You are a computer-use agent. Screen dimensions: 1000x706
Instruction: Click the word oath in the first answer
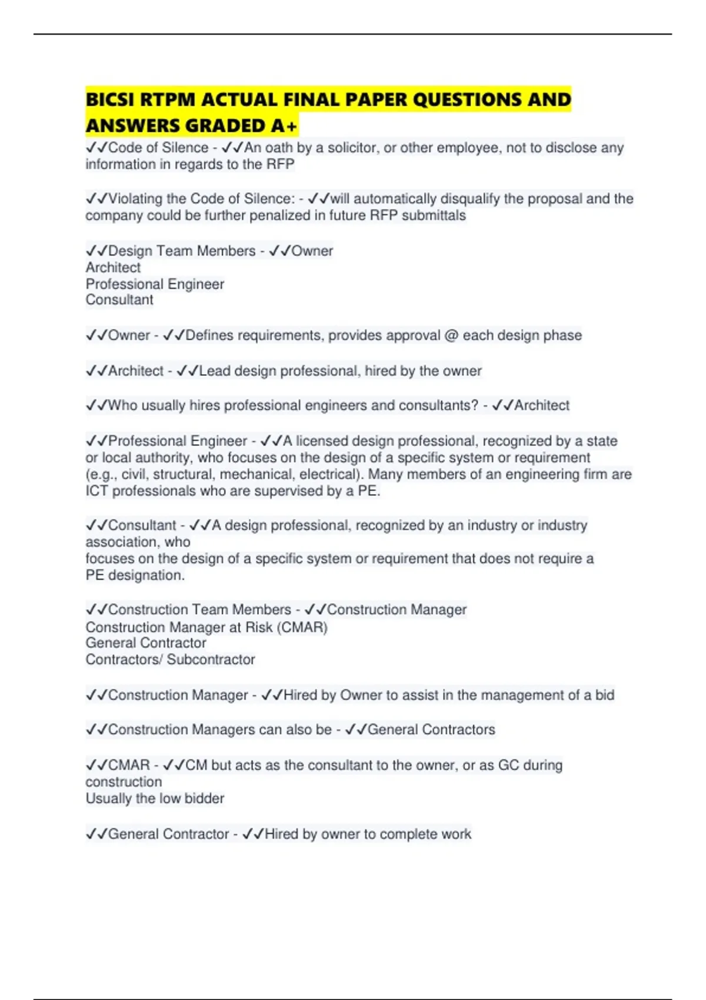tap(279, 148)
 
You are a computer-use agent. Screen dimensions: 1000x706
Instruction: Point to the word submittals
tap(434, 215)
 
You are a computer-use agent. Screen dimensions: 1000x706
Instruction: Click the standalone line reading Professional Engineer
tap(155, 284)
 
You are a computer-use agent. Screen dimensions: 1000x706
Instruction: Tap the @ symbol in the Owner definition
tap(451, 335)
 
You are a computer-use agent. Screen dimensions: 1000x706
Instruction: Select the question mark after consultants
tap(475, 405)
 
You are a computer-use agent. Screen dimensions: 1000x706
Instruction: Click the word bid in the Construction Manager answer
tap(604, 695)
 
